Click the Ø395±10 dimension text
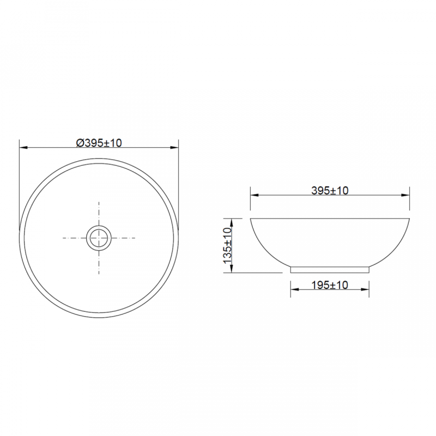(99, 142)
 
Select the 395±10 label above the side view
(330, 190)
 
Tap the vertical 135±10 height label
(228, 246)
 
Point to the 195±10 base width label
(330, 285)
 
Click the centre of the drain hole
(99, 238)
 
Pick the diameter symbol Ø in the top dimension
(80, 142)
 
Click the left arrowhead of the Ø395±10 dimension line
(22, 147)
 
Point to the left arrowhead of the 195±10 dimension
(294, 289)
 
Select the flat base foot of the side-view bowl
(330, 269)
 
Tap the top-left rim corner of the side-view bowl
(251, 219)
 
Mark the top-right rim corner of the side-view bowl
(409, 219)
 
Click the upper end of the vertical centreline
(99, 202)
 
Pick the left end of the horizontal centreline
(63, 238)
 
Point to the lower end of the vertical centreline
(99, 274)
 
